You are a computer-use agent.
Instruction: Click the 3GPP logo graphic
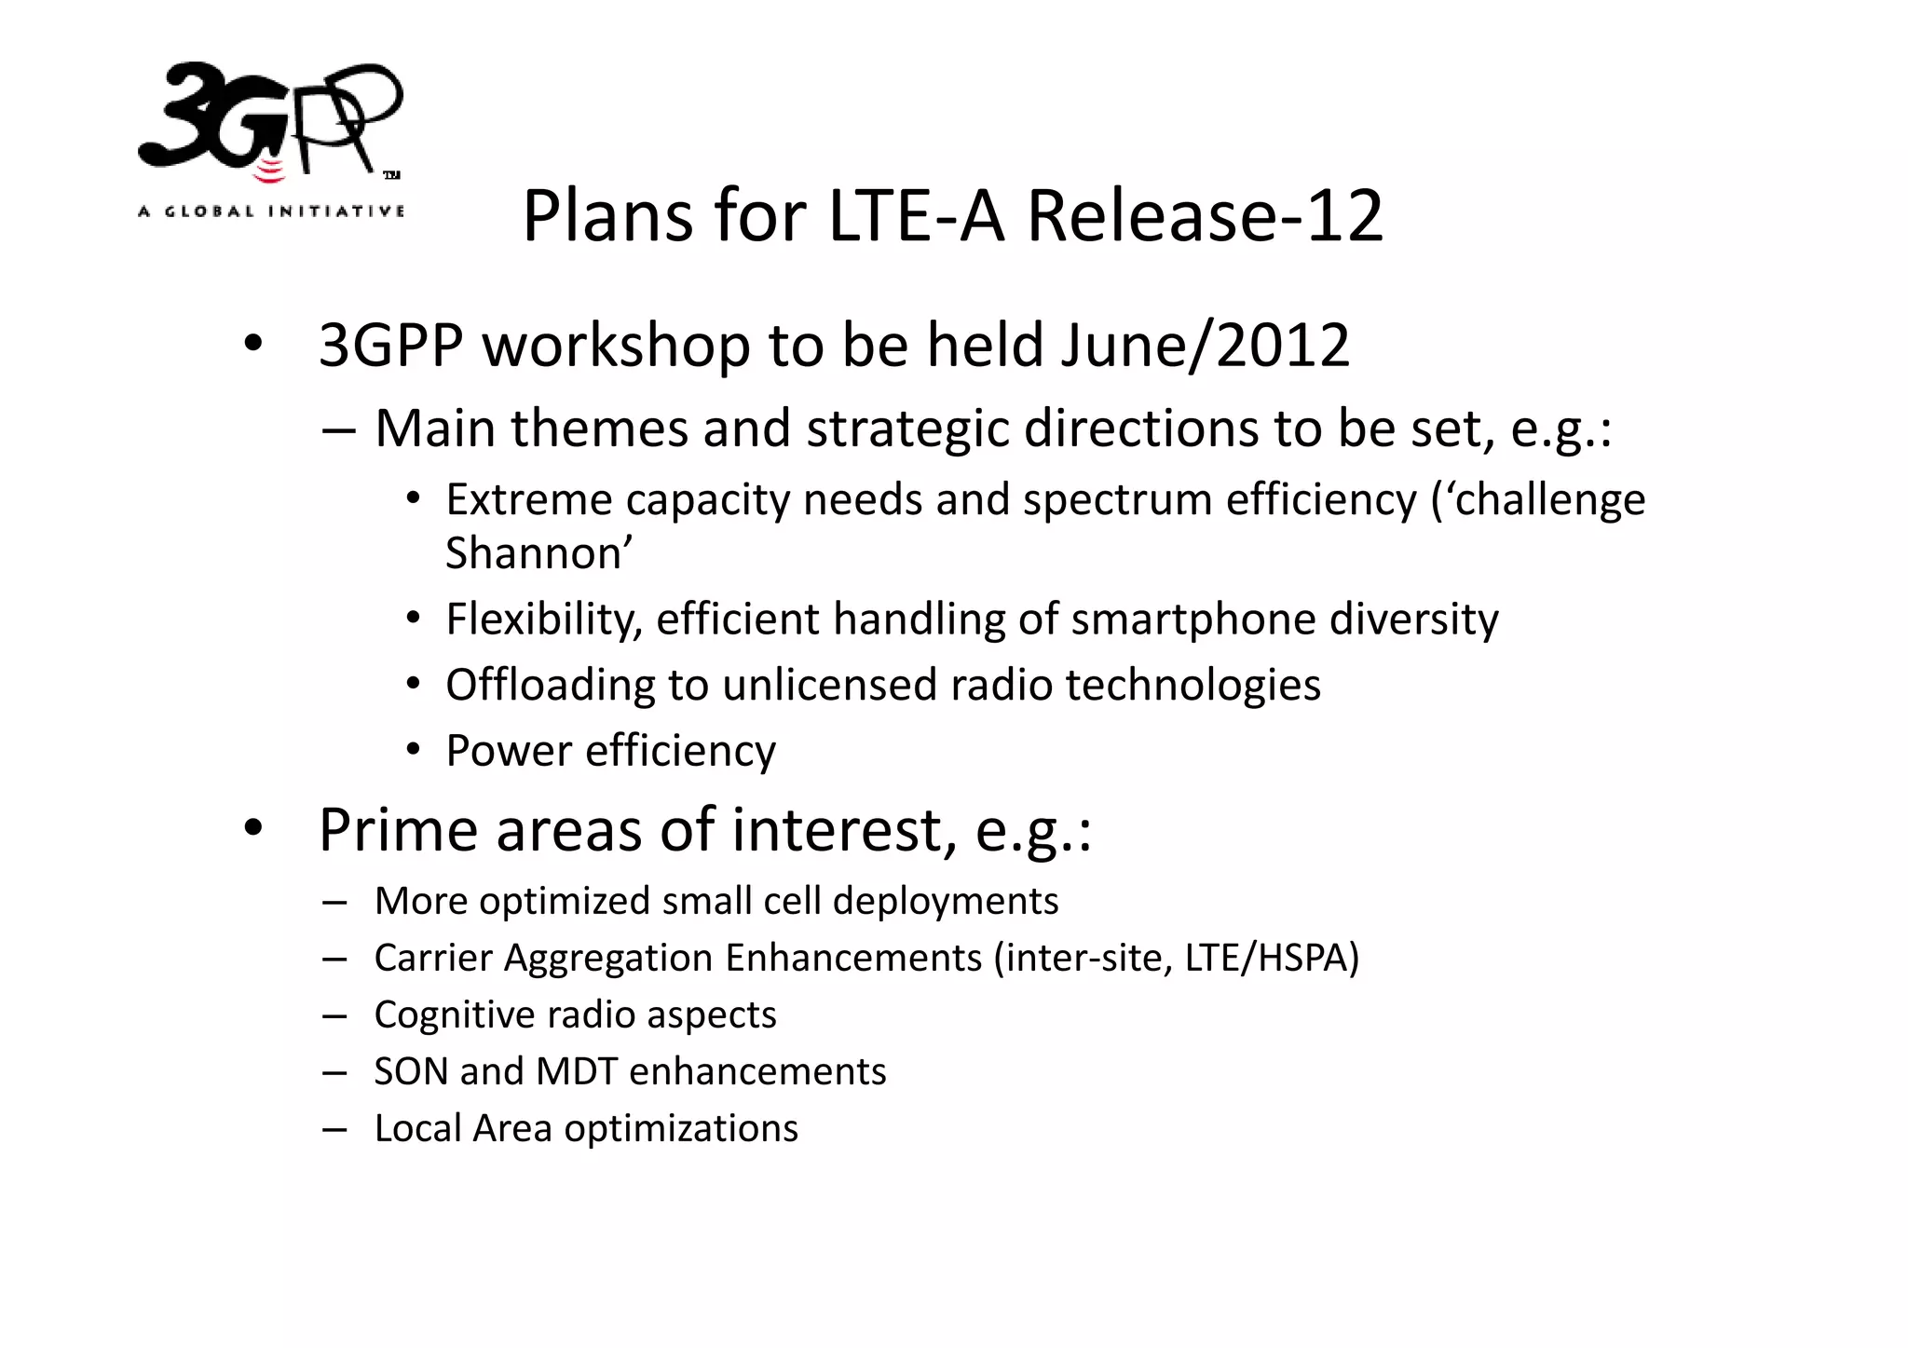[270, 119]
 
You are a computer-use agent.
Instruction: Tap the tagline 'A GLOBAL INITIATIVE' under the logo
[271, 211]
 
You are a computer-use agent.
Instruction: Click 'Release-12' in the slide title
[1204, 216]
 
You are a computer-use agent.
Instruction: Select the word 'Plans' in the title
[607, 216]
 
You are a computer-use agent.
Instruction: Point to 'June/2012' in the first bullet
[1205, 346]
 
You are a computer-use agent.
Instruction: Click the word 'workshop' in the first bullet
[616, 346]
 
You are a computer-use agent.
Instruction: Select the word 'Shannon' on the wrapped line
[533, 553]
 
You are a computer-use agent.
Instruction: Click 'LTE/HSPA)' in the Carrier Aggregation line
[1272, 959]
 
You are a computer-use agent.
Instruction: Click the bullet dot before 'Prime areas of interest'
[252, 828]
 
